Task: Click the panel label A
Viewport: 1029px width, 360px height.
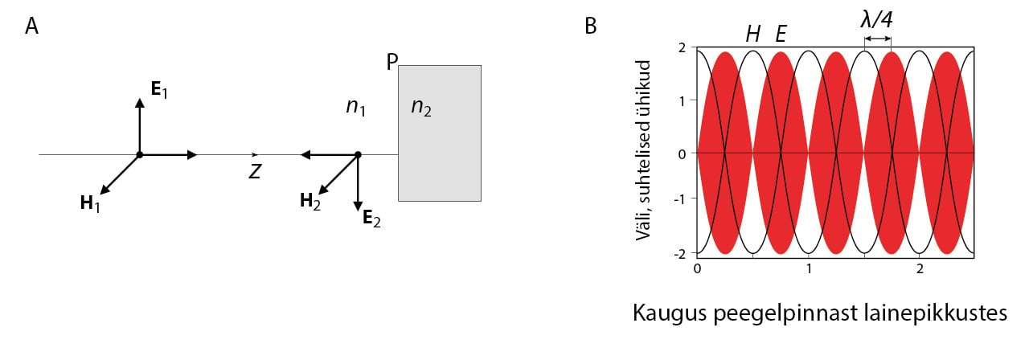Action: [32, 27]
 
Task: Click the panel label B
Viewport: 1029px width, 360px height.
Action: [591, 27]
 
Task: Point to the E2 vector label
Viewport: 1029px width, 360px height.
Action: [371, 218]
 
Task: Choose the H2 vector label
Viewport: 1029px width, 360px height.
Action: [310, 201]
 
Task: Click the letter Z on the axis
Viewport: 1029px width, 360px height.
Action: [255, 171]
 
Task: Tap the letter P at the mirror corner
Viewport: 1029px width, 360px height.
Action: [392, 62]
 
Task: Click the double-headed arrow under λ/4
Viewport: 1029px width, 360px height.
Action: [877, 39]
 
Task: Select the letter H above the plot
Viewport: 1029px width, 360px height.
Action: [753, 34]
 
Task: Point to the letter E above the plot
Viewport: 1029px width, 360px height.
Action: [780, 34]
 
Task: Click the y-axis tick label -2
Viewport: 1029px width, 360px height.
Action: [679, 253]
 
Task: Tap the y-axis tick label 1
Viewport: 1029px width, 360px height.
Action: [682, 100]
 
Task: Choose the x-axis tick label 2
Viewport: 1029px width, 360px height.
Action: [919, 267]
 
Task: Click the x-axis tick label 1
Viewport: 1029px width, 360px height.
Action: [808, 267]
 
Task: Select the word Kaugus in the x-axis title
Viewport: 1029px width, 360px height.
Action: [668, 313]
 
